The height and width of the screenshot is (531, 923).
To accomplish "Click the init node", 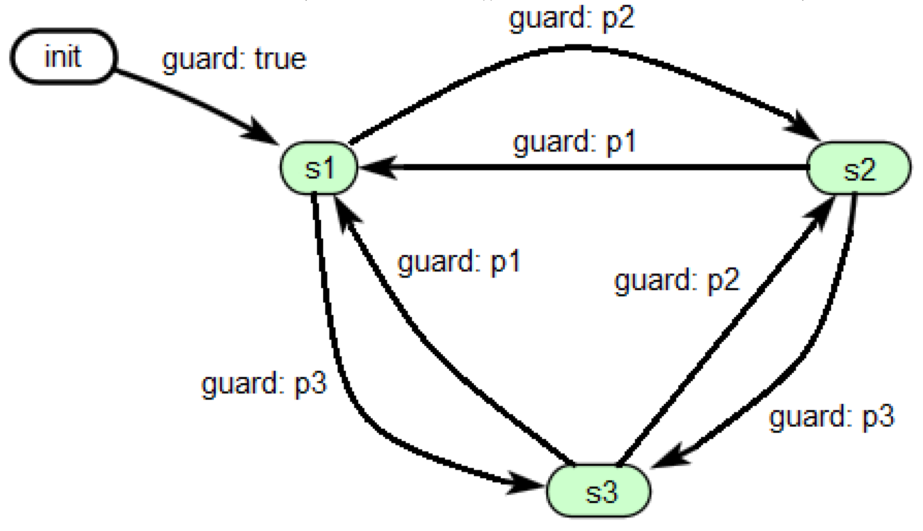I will [64, 56].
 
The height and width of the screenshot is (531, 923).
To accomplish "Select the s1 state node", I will [319, 168].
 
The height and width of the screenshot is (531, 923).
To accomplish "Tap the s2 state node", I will [859, 168].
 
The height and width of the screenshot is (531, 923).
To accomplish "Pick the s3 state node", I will [598, 491].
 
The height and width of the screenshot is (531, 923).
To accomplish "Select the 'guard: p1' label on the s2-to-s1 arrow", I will [574, 142].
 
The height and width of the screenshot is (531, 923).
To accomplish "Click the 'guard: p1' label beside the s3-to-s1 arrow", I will [459, 262].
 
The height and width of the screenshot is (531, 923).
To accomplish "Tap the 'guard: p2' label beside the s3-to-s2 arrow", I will [677, 280].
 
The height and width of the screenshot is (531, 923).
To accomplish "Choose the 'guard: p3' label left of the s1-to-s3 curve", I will [264, 384].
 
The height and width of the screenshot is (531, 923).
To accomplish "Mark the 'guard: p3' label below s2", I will [831, 417].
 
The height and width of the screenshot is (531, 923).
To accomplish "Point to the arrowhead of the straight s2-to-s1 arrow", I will [376, 168].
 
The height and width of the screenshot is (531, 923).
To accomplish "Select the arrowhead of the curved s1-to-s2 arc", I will [804, 127].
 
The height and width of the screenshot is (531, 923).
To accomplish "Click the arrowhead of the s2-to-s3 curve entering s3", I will [670, 457].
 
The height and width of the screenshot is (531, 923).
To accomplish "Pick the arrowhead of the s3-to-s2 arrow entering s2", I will [820, 212].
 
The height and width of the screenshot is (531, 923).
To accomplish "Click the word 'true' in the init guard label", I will [280, 59].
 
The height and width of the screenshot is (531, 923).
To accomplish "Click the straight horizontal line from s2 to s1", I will [600, 168].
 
